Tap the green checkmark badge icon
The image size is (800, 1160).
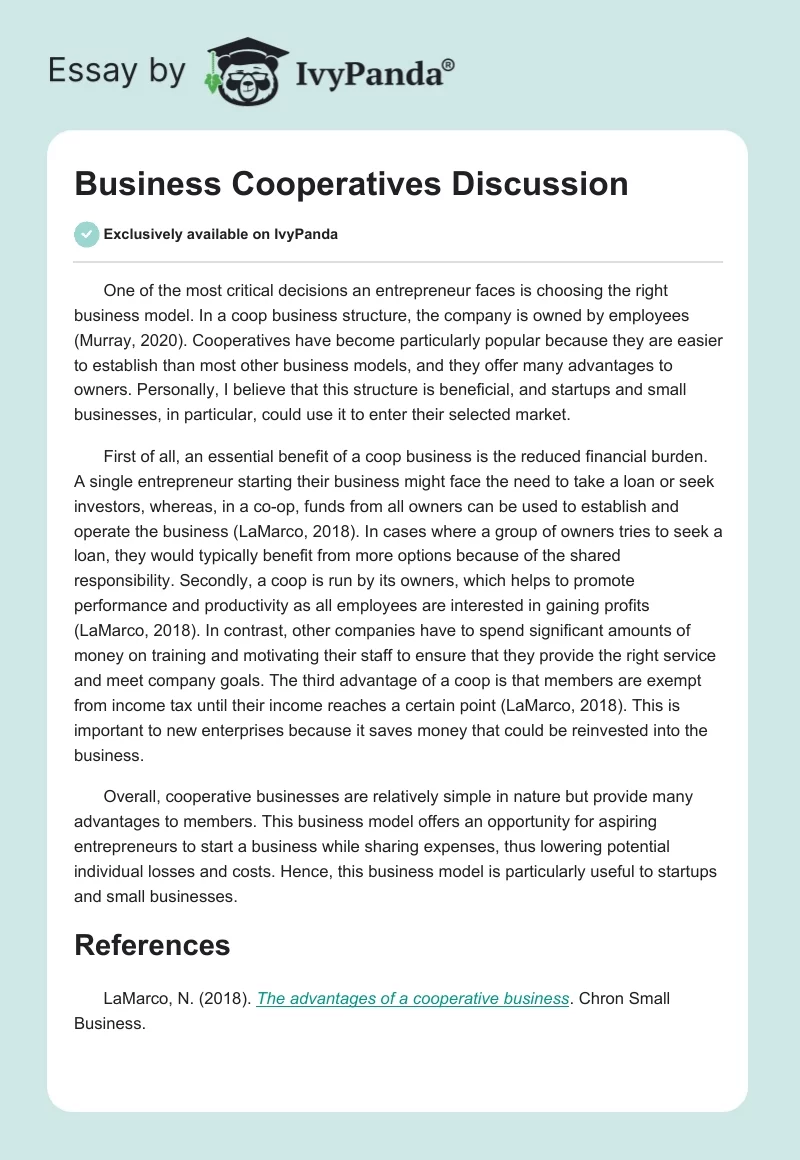pyautogui.click(x=87, y=234)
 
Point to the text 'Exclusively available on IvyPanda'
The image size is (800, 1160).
pyautogui.click(x=220, y=234)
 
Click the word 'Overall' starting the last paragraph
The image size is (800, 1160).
pyautogui.click(x=131, y=797)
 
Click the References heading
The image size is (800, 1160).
pyautogui.click(x=152, y=945)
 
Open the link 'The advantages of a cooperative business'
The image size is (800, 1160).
pyautogui.click(x=413, y=999)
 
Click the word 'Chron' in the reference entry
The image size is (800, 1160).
pyautogui.click(x=605, y=999)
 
